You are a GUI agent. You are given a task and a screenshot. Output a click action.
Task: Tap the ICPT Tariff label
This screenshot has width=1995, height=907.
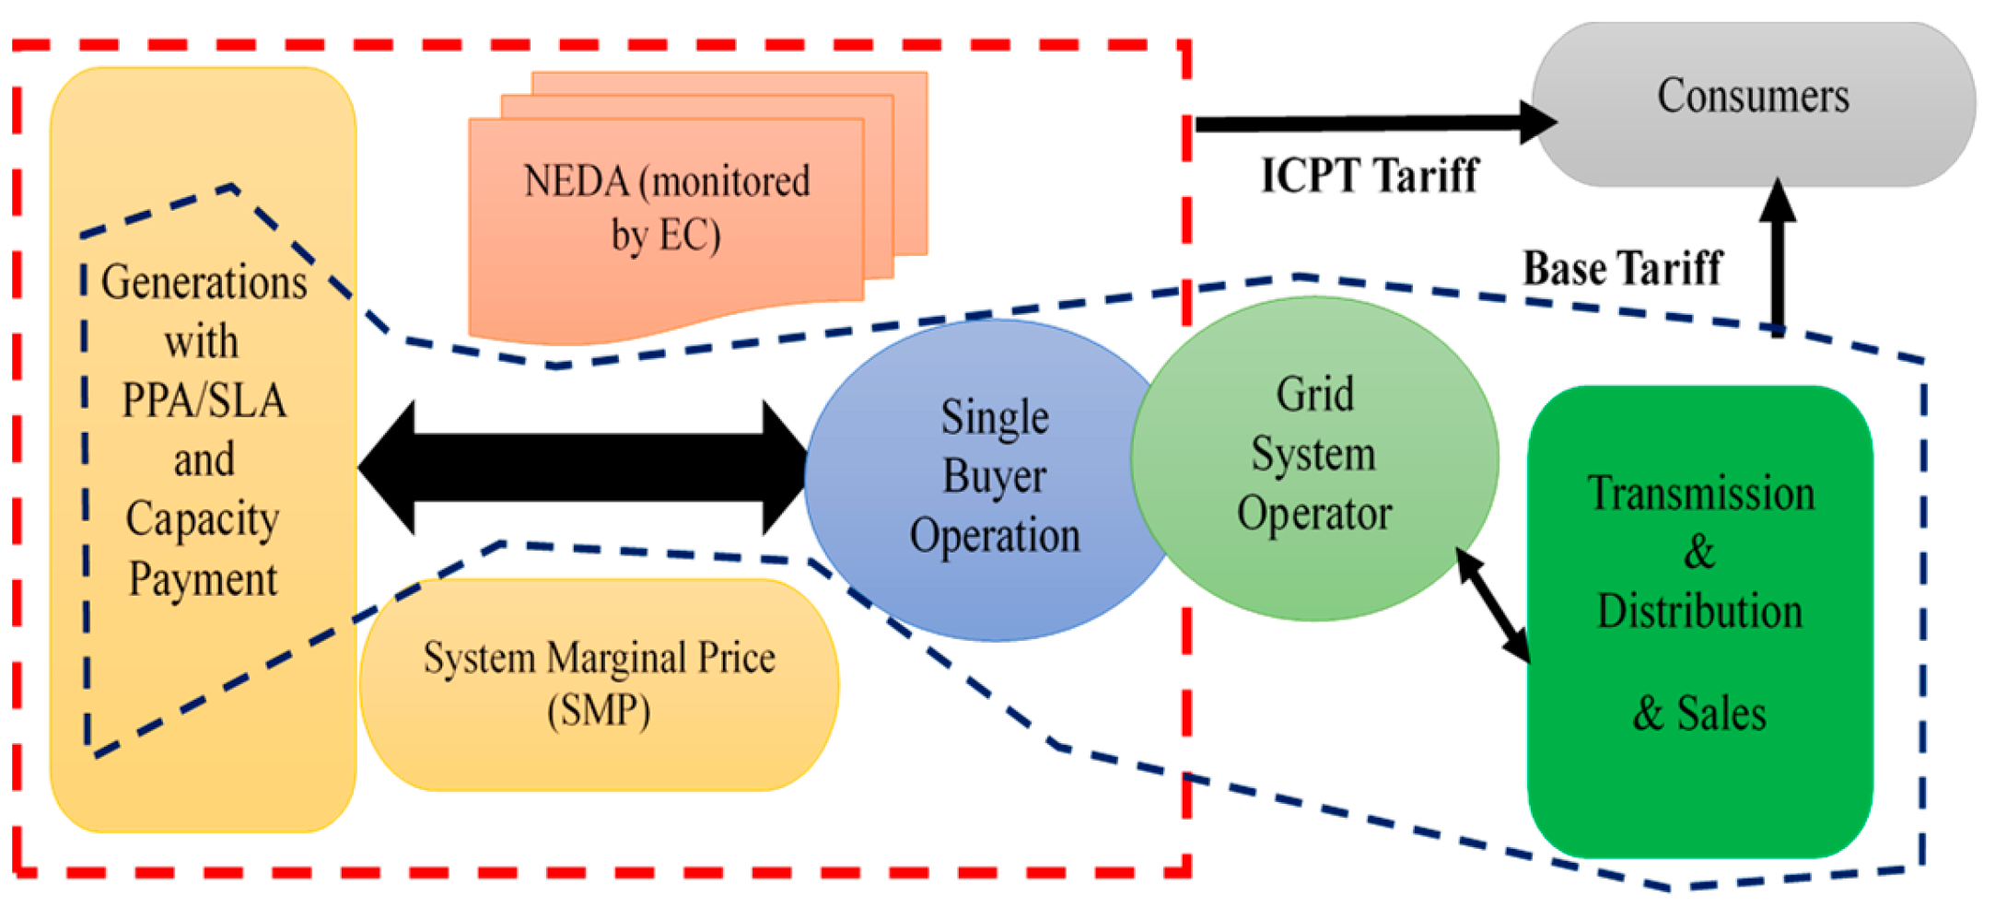tap(1369, 174)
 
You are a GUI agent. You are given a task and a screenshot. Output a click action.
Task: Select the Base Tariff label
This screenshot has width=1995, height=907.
tap(1622, 268)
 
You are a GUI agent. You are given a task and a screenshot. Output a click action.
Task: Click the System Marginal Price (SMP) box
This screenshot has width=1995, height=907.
tap(599, 684)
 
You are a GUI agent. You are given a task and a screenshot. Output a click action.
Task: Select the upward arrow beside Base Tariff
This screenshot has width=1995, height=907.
tap(1777, 258)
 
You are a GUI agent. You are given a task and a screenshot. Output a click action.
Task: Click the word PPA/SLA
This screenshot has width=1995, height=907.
tap(204, 401)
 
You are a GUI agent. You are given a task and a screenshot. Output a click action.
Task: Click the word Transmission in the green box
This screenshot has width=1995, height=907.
tap(1700, 494)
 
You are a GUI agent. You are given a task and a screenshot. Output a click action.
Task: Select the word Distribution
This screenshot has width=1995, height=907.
tap(1699, 611)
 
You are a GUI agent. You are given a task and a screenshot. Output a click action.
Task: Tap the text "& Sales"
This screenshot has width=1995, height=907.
tap(1699, 714)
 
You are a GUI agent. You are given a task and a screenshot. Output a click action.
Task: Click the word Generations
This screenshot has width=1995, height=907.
tap(204, 282)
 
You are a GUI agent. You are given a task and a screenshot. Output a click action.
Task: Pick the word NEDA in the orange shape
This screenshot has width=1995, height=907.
tap(576, 181)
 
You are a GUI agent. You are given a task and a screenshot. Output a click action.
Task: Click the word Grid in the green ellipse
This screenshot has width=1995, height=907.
tap(1314, 395)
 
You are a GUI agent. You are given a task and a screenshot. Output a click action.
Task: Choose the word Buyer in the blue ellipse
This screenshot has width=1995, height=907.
tap(994, 477)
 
